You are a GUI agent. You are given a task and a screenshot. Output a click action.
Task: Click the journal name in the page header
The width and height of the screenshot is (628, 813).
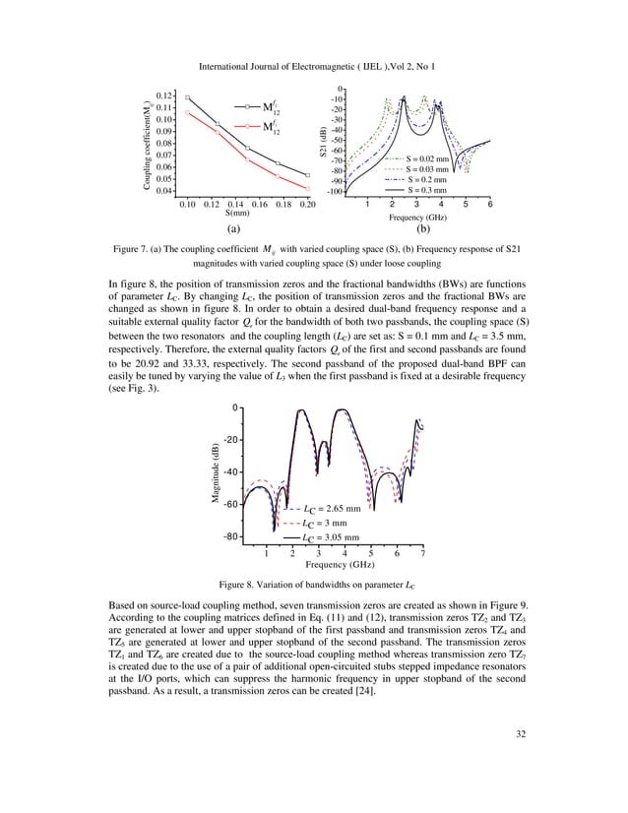[x=313, y=68]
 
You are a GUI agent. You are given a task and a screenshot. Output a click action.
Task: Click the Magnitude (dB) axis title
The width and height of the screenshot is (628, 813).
[x=214, y=476]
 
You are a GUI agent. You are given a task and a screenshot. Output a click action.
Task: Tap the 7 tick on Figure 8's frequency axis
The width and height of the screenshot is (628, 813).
[x=423, y=554]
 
